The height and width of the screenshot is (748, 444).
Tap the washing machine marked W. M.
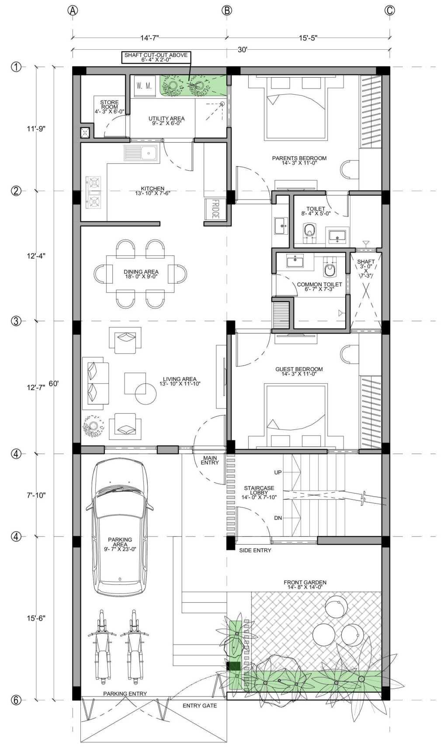click(144, 86)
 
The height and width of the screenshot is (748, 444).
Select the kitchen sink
click(142, 154)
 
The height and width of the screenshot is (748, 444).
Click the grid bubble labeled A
click(73, 10)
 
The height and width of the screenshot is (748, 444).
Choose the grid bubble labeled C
click(390, 10)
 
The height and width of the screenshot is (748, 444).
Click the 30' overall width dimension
click(242, 50)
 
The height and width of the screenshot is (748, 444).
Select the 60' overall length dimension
click(54, 383)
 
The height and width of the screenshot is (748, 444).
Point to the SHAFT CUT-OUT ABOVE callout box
click(156, 57)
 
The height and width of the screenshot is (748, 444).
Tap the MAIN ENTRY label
click(210, 460)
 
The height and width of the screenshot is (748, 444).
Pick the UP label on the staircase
click(278, 472)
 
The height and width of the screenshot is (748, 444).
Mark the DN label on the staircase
click(278, 518)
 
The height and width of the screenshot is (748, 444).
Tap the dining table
click(141, 274)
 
